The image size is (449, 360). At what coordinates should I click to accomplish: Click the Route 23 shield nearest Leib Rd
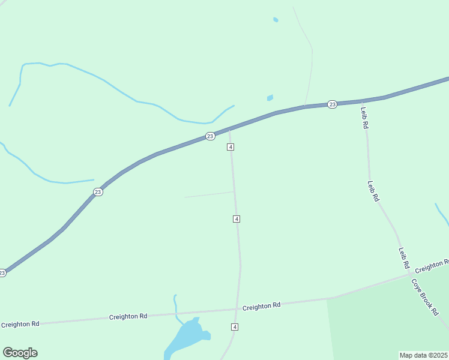333,104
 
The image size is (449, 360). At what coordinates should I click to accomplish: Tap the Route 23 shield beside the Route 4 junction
209,136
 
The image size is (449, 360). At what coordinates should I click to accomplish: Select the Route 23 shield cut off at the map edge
2,272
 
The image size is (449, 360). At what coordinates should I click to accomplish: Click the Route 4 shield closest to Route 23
231,147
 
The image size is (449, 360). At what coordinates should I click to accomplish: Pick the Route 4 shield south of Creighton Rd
235,326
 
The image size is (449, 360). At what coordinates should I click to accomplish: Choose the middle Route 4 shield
237,219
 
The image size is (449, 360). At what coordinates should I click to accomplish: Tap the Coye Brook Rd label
424,298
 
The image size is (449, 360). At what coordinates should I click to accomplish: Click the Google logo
20,353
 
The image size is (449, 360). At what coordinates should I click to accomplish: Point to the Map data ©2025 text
424,355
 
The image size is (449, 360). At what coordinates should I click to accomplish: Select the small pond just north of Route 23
270,98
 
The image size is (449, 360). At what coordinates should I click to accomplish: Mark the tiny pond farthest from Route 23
276,20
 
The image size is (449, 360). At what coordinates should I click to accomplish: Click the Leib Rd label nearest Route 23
364,118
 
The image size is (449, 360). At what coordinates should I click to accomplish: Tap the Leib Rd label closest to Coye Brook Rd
404,258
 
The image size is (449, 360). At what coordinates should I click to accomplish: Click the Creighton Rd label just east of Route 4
261,306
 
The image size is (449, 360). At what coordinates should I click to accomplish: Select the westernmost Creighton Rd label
20,324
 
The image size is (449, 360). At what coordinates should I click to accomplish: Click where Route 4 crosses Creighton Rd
237,310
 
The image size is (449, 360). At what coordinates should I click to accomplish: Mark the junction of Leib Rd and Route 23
363,101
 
